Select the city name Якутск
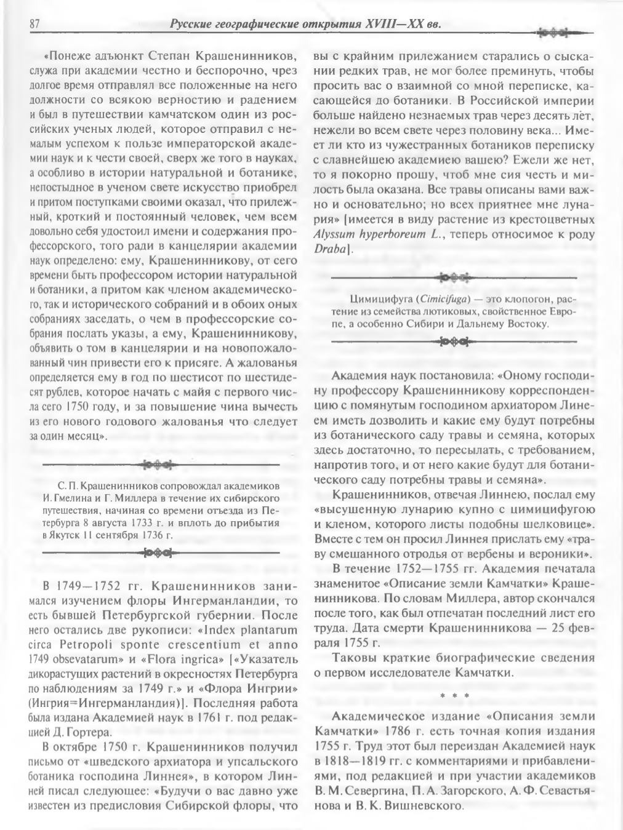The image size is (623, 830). (65, 535)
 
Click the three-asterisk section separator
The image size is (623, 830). (454, 696)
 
